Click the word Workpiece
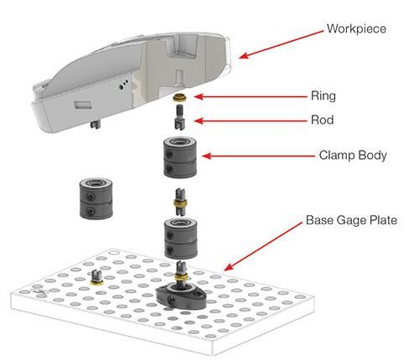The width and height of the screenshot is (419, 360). click(x=357, y=30)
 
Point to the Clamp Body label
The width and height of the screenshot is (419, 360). click(x=352, y=155)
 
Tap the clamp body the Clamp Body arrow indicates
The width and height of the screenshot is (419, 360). click(x=179, y=157)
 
